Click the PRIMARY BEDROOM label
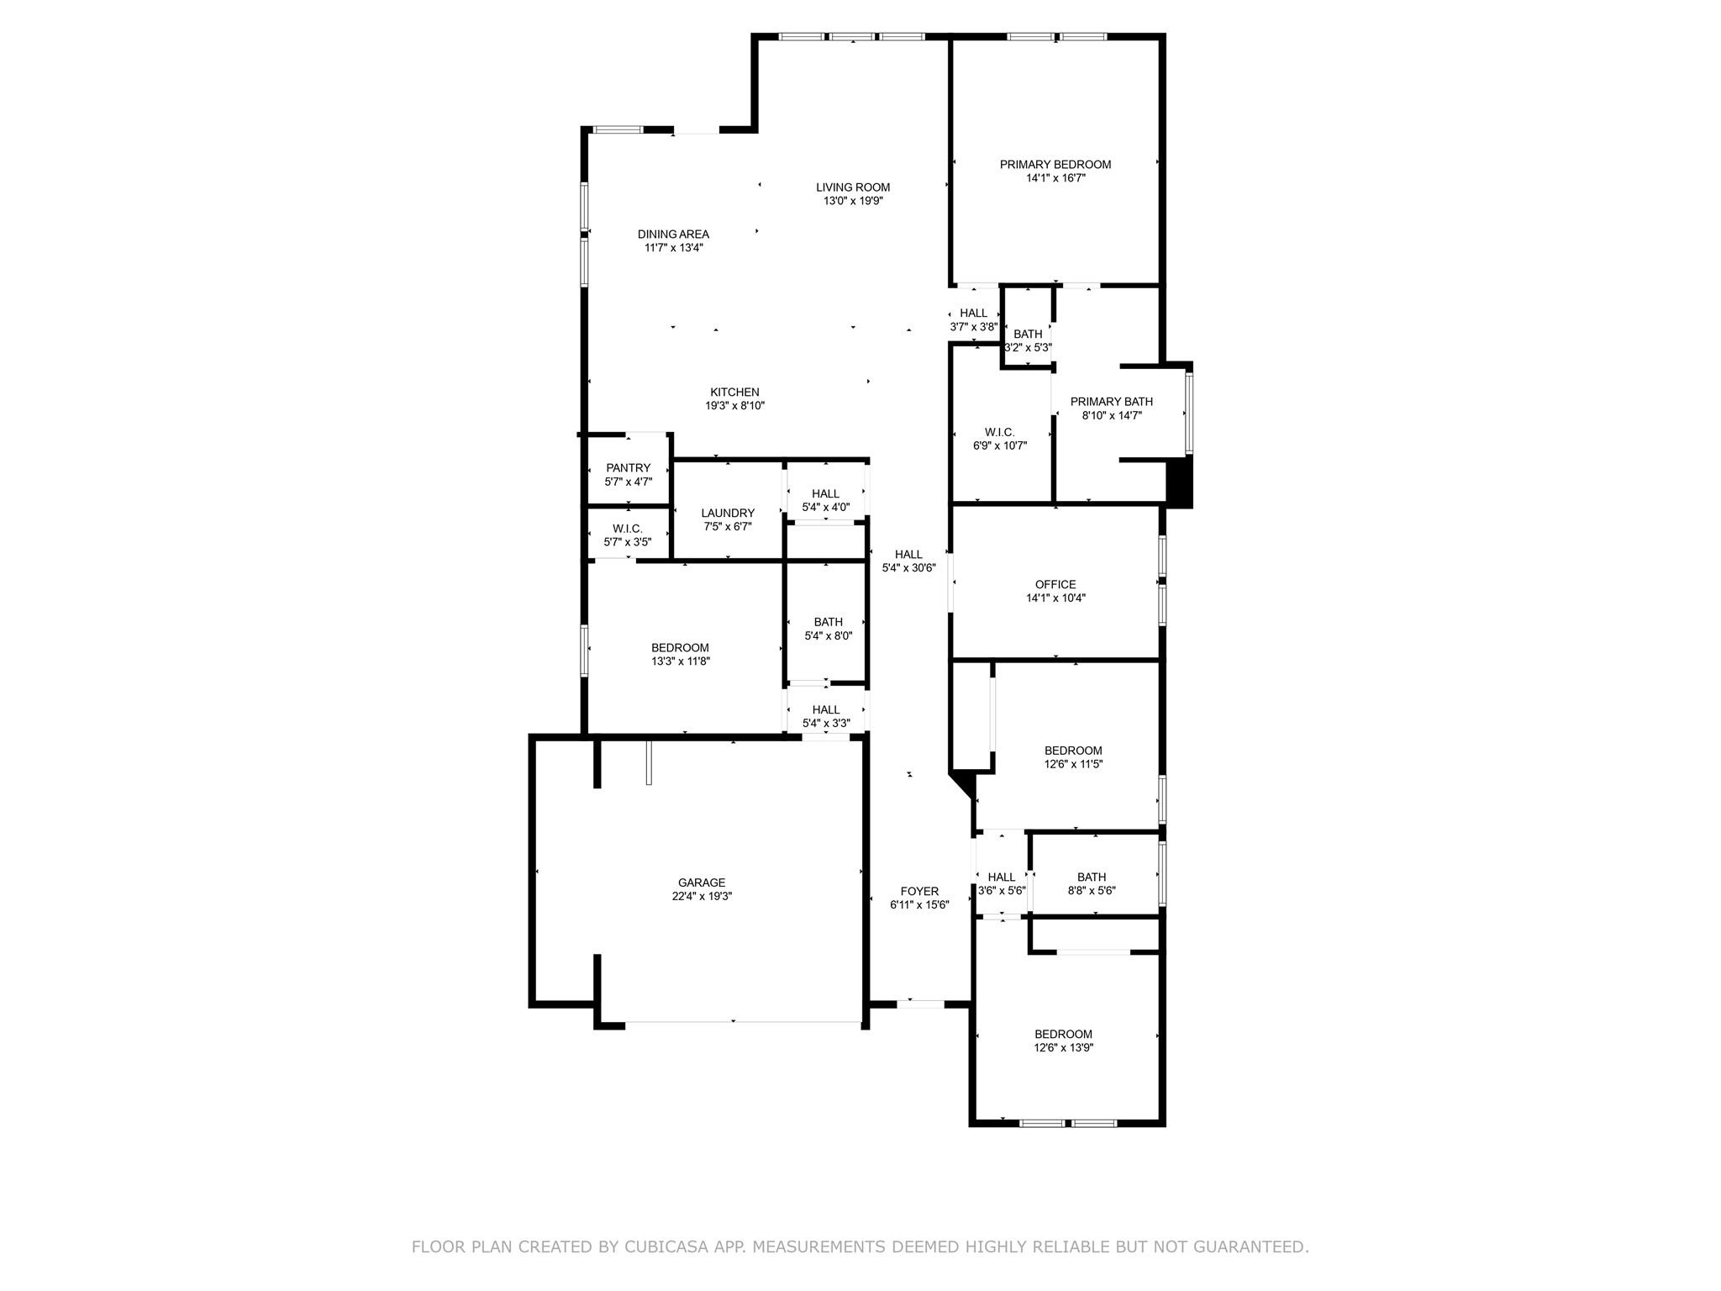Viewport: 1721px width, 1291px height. (x=1055, y=165)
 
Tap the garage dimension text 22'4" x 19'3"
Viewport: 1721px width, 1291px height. (x=702, y=896)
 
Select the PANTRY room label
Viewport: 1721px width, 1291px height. (x=628, y=468)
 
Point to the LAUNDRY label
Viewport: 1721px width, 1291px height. (x=728, y=513)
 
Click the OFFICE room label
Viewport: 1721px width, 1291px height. (x=1055, y=584)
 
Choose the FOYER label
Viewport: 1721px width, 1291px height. (x=919, y=891)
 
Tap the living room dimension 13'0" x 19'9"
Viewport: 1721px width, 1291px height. (x=853, y=201)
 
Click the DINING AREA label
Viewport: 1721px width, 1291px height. (x=673, y=234)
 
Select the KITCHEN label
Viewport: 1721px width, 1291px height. (x=734, y=392)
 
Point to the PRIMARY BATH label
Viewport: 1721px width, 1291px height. (x=1111, y=402)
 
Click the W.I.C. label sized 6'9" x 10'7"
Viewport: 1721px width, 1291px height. (x=1000, y=432)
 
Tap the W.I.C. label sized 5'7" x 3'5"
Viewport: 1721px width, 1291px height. (x=628, y=529)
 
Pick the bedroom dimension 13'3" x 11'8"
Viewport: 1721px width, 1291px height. (x=680, y=661)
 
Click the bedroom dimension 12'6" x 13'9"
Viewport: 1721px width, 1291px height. (x=1063, y=1048)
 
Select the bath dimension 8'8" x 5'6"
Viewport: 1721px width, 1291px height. (x=1092, y=891)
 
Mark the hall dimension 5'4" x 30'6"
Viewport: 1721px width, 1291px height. (x=908, y=568)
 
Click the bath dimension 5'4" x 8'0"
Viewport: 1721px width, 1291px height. (x=828, y=636)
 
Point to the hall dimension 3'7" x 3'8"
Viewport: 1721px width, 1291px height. (x=973, y=327)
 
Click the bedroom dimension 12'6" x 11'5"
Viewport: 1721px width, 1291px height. (x=1073, y=765)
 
